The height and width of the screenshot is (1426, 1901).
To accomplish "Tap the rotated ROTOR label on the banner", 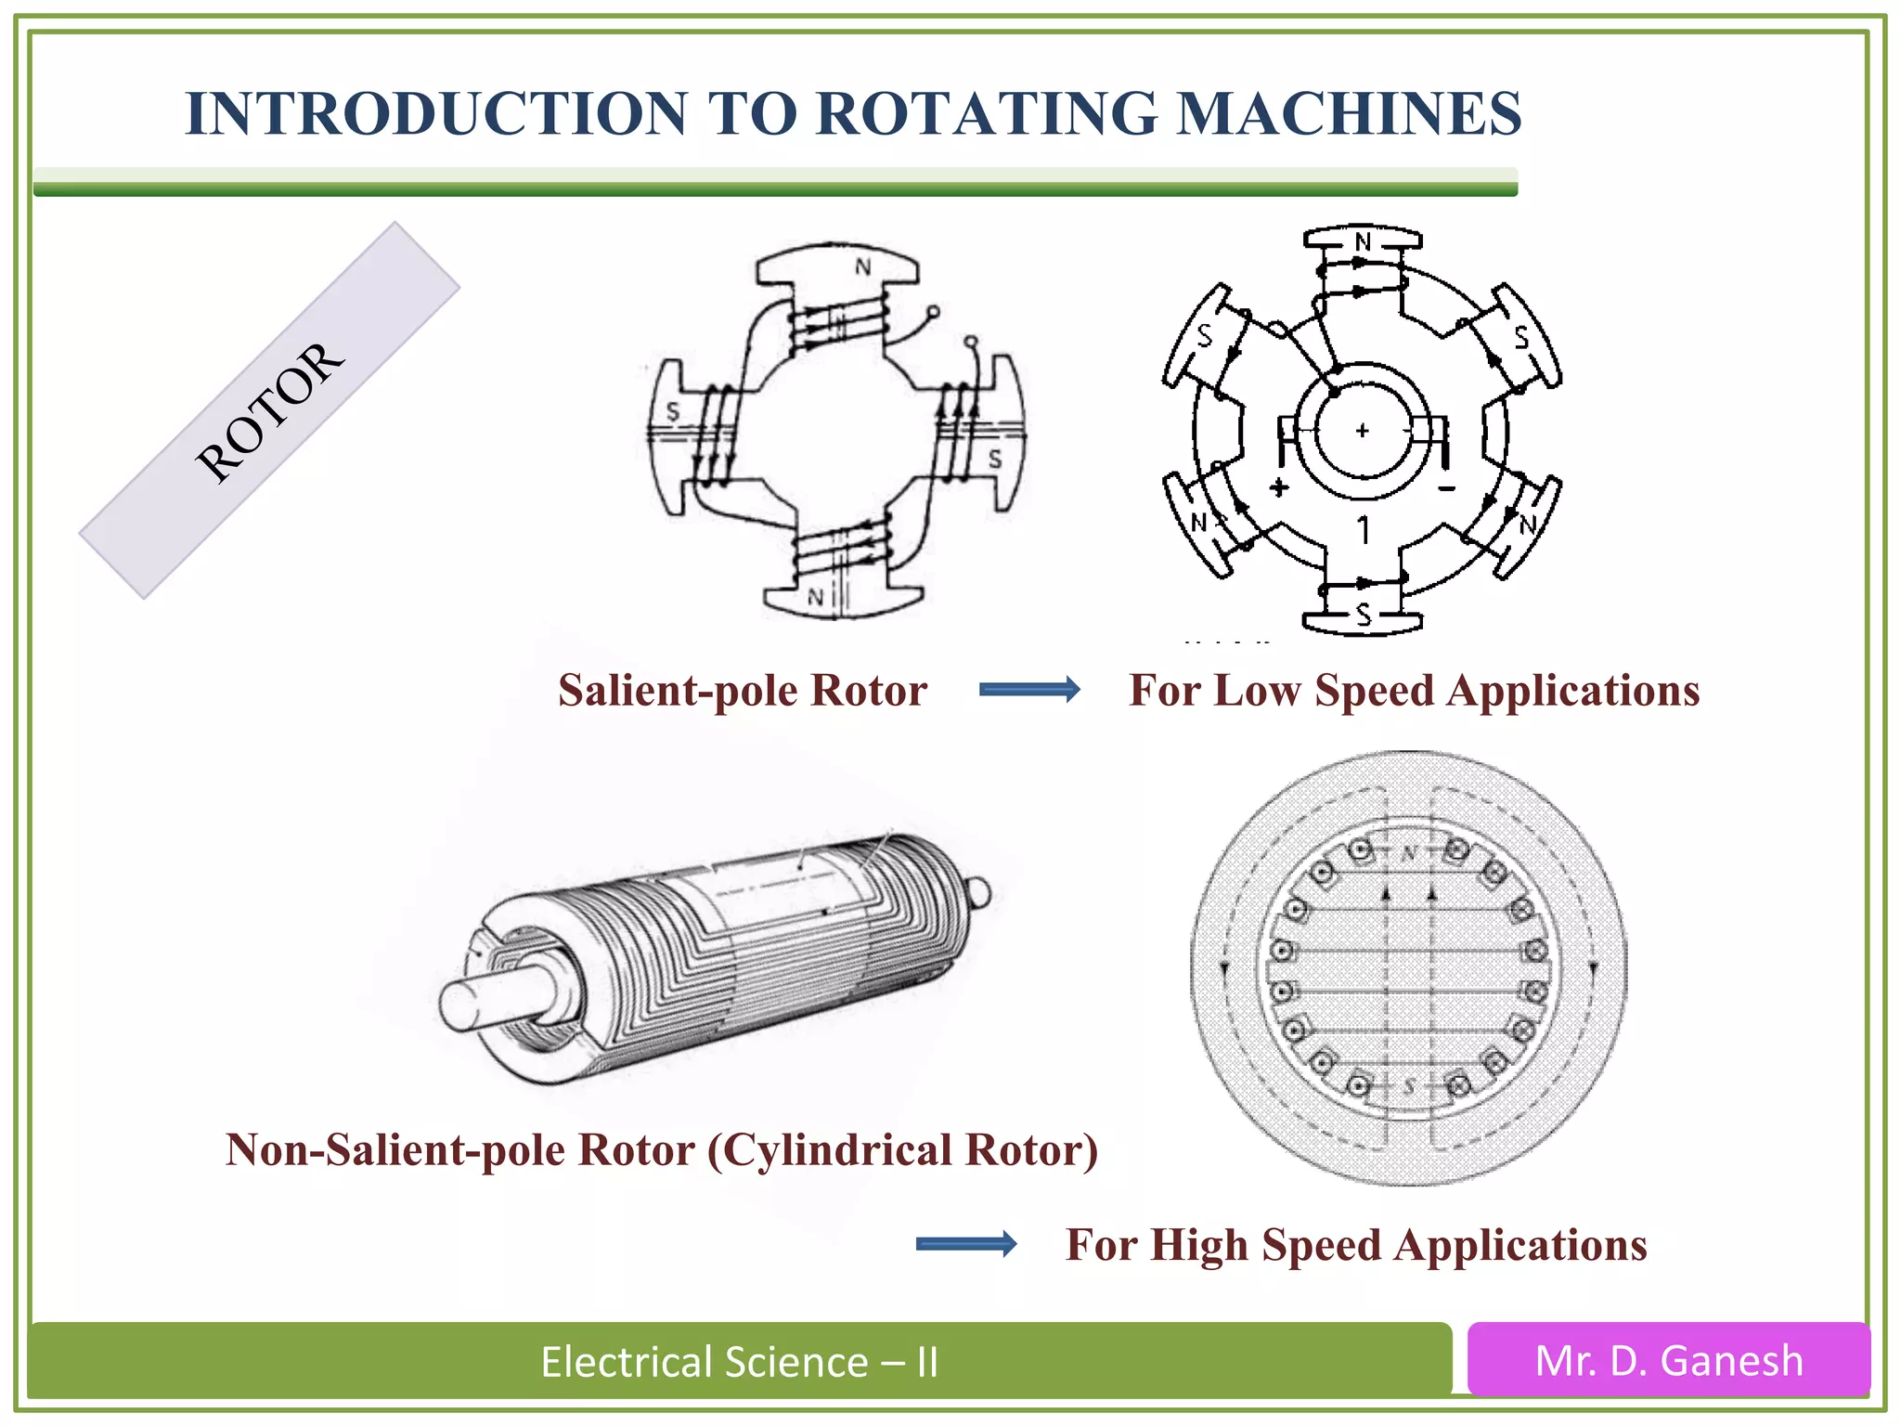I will click(x=269, y=411).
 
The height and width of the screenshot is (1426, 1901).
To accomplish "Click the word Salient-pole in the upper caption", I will click(x=679, y=691).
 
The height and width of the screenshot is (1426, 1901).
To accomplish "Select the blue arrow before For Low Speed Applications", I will click(x=1029, y=689).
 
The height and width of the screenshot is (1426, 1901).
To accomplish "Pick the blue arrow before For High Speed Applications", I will click(x=965, y=1244).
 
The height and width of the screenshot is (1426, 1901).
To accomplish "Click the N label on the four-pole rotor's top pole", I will click(x=863, y=267).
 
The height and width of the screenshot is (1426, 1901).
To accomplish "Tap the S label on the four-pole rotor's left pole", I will click(x=673, y=410).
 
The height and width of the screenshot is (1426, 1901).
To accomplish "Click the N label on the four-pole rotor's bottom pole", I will click(x=815, y=597).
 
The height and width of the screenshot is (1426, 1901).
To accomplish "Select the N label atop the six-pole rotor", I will click(x=1362, y=241).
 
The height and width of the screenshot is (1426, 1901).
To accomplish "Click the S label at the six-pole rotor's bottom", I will click(x=1363, y=614).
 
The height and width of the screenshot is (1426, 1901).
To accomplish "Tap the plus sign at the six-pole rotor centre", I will click(x=1362, y=431).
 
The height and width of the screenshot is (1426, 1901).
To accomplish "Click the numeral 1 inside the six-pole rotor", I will click(x=1363, y=530).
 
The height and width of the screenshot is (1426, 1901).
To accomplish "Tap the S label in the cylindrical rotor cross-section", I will click(x=1409, y=1084).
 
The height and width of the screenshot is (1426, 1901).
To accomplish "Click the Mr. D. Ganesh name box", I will click(x=1668, y=1361).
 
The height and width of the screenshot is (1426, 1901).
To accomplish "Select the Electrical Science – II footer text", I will click(x=740, y=1362).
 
